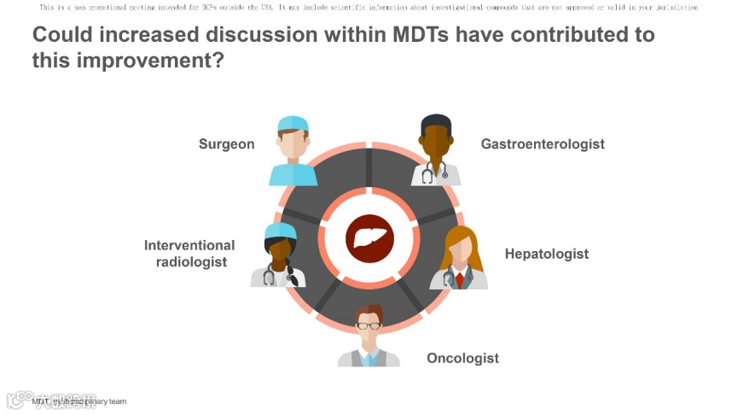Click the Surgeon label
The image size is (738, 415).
click(226, 144)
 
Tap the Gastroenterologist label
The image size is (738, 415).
click(543, 144)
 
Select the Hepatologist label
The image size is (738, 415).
click(546, 254)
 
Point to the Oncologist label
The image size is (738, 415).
click(462, 359)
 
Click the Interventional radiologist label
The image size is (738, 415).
click(189, 254)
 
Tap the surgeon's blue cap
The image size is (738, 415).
click(293, 125)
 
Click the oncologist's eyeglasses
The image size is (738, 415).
click(369, 324)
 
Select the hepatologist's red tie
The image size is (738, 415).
click(459, 278)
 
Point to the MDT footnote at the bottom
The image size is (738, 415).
click(79, 401)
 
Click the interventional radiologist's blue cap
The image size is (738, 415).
click(279, 231)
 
